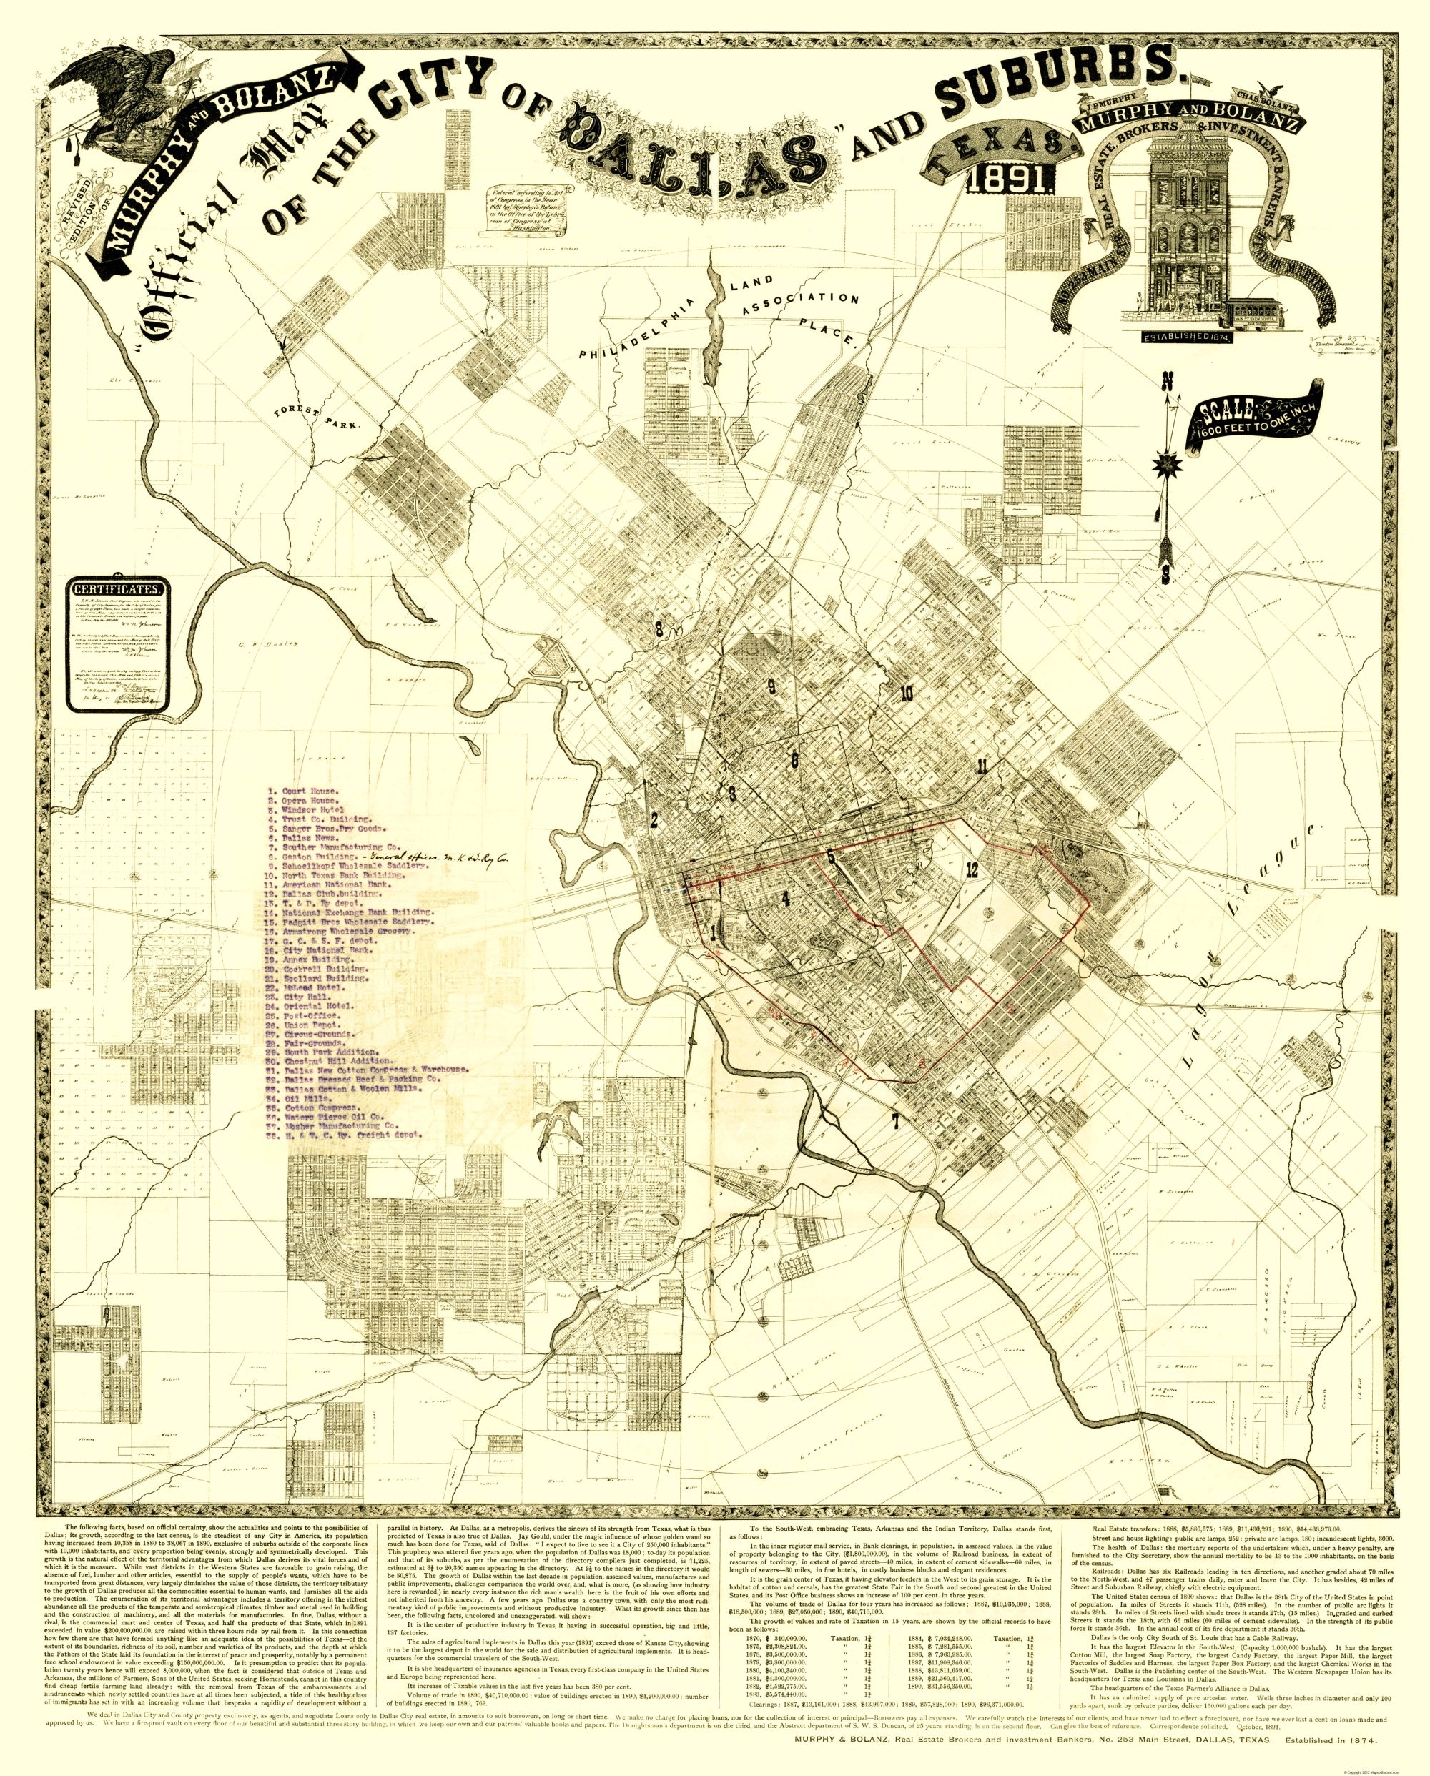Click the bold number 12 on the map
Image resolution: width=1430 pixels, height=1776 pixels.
(x=973, y=868)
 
